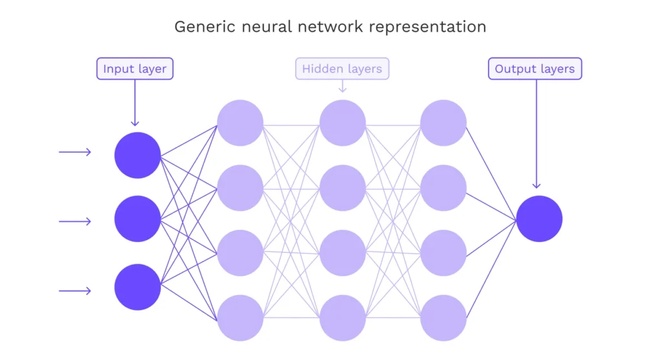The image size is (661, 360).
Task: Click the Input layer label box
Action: tap(135, 69)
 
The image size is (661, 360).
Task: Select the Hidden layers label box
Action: tap(342, 69)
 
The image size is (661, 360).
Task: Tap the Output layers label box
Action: tap(534, 69)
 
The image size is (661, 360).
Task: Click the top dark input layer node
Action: tap(137, 155)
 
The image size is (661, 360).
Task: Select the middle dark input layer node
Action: tap(137, 219)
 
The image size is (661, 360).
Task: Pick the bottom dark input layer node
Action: tap(137, 287)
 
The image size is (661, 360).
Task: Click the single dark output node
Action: tap(539, 219)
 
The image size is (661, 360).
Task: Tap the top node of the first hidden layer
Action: tap(240, 123)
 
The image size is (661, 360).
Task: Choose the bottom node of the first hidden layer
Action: tap(240, 317)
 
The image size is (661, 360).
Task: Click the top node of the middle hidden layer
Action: tap(343, 123)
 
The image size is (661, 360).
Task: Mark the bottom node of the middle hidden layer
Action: tap(343, 317)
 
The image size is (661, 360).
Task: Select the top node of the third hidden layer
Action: tap(443, 123)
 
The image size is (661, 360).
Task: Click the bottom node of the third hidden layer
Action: tap(443, 317)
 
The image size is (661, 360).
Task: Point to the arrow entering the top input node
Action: tap(75, 152)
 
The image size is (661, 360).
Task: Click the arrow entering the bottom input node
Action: tap(75, 291)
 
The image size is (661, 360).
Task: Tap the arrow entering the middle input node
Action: tap(75, 221)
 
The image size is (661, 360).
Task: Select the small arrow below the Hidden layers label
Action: tap(343, 86)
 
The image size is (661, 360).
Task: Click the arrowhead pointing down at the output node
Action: tap(536, 185)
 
